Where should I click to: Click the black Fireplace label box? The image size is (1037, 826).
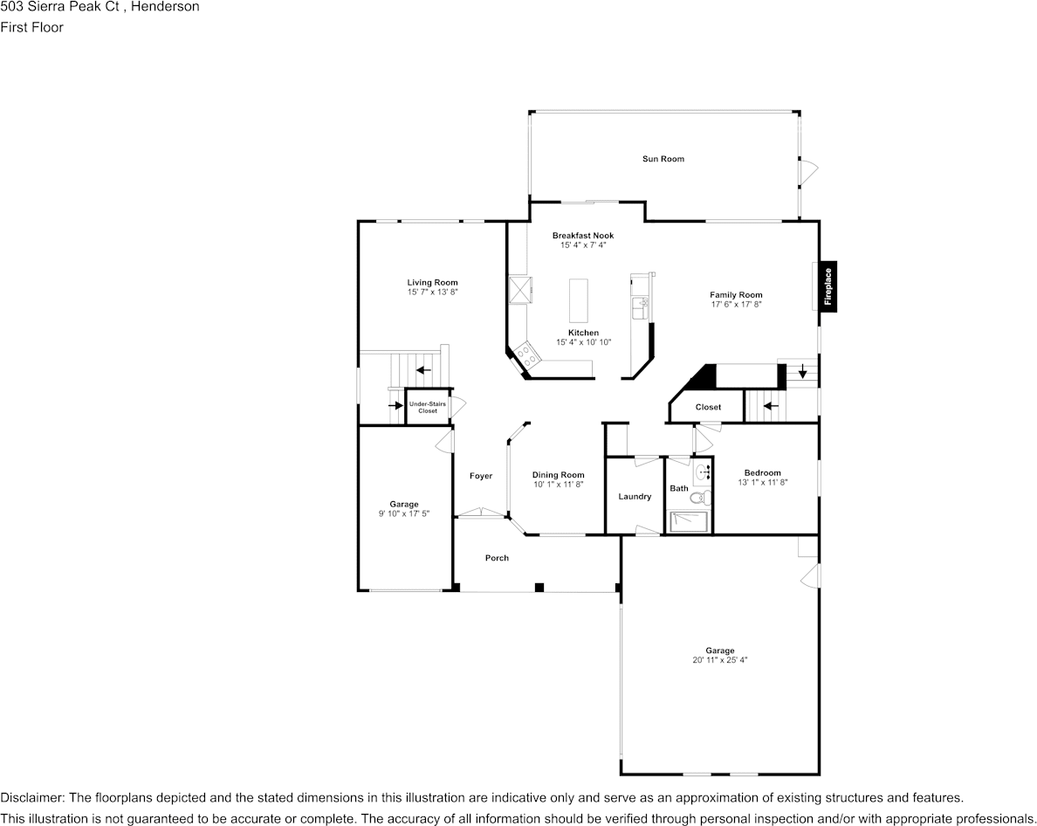point(828,286)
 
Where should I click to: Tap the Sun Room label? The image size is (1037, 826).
point(663,159)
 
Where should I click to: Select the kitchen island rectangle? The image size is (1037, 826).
point(579,301)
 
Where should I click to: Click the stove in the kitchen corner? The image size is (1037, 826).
point(527,354)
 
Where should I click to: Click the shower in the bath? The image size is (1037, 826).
point(690,521)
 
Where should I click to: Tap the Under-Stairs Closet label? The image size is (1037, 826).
point(428,407)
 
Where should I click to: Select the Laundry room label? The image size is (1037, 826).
point(635,497)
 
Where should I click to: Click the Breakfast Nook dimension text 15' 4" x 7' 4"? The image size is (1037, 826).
point(583,245)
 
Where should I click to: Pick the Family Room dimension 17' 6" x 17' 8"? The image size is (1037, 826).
point(736,305)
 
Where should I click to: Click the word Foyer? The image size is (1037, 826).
point(481,476)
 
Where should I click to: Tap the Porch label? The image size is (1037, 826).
point(497,558)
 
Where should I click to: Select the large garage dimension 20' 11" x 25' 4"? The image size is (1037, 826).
point(720,660)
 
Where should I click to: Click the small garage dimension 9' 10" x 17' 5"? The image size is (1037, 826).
point(403,513)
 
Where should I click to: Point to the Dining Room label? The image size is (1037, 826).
point(559,475)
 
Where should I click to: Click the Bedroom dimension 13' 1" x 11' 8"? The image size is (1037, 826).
point(762,482)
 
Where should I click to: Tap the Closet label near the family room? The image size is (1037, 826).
point(708,407)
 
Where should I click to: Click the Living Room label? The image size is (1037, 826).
point(432,282)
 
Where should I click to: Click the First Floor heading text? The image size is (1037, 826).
point(32,27)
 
